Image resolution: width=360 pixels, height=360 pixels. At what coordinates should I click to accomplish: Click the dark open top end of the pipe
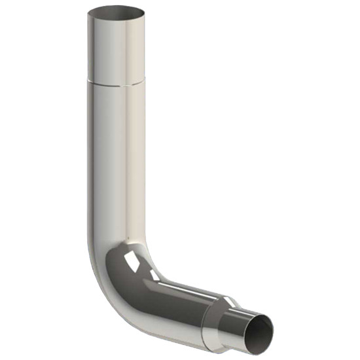click(x=117, y=12)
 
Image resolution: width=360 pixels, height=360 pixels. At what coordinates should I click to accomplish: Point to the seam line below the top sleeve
click(x=117, y=82)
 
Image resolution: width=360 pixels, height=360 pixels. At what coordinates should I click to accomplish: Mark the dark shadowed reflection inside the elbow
click(x=124, y=275)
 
